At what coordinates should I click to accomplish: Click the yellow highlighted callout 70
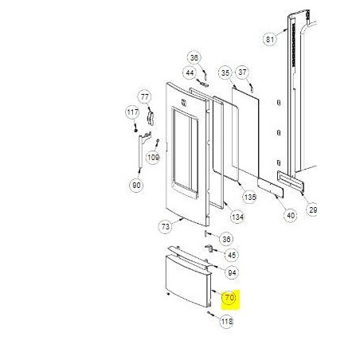(x=229, y=299)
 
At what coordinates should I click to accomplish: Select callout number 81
(x=269, y=38)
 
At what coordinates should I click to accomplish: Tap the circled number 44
(x=190, y=72)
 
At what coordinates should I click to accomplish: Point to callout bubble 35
(x=225, y=72)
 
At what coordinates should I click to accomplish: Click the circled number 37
(x=243, y=72)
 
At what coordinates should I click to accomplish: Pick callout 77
(x=144, y=96)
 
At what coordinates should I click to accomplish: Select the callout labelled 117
(x=132, y=113)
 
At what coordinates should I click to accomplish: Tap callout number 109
(x=154, y=158)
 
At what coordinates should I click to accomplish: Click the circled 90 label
(x=136, y=186)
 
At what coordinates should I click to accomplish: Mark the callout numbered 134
(x=237, y=216)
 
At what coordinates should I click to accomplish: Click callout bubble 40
(x=290, y=214)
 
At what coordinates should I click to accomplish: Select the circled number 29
(x=313, y=209)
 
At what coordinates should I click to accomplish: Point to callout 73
(x=166, y=227)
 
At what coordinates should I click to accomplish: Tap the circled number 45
(x=231, y=255)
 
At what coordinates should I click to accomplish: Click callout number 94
(x=232, y=272)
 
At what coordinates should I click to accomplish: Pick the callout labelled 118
(x=226, y=322)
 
